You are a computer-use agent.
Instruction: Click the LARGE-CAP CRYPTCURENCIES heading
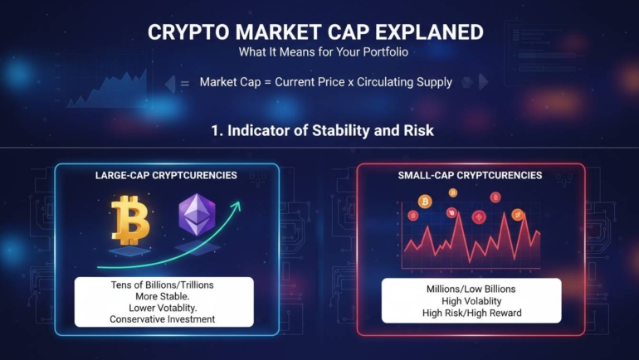(x=167, y=176)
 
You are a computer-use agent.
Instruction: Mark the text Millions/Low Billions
(x=471, y=289)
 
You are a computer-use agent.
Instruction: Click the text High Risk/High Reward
(x=471, y=313)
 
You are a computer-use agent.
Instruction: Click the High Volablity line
(x=471, y=301)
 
